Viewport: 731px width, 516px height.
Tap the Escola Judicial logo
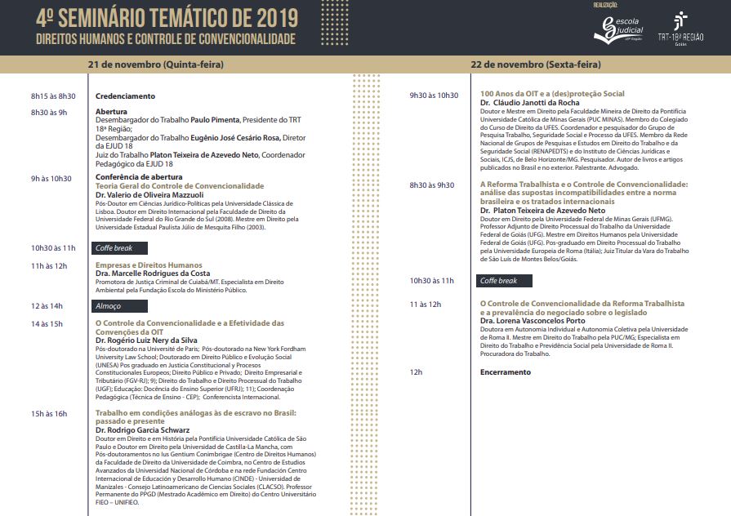619,29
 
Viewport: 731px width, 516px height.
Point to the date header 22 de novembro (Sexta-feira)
535,64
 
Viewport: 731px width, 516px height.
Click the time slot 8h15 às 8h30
53,96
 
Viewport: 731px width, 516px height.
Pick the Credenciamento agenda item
125,96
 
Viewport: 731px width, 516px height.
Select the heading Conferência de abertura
139,177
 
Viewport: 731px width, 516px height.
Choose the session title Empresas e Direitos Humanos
149,265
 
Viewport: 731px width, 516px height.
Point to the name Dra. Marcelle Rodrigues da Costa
153,274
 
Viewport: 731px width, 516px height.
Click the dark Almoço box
119,306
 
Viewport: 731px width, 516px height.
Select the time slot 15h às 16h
49,414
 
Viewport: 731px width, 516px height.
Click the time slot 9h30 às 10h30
434,96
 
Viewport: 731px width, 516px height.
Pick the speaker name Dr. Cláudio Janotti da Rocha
530,103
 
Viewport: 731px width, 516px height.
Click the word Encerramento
505,372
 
